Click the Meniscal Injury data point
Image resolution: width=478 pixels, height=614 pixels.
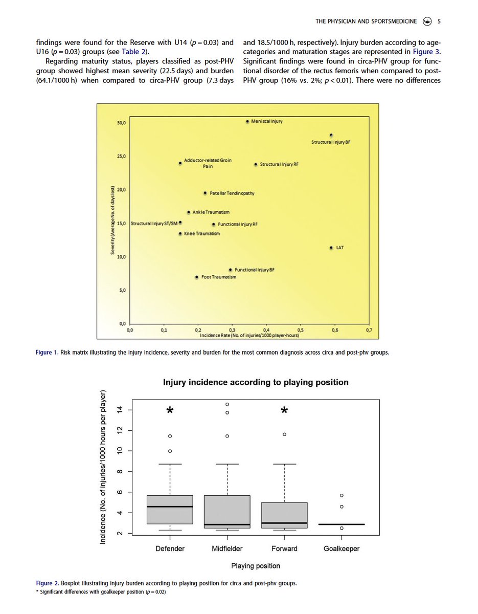247,122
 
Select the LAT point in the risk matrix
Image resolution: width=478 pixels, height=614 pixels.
331,248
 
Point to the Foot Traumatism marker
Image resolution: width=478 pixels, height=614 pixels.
197,277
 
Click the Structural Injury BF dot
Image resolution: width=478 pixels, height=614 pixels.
331,135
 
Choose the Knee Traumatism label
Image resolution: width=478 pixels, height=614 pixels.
201,234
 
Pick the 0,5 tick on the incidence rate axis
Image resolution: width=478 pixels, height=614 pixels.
301,331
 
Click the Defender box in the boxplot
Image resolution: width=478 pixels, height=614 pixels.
170,510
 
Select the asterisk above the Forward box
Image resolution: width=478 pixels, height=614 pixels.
284,412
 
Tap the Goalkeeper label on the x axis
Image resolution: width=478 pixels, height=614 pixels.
342,549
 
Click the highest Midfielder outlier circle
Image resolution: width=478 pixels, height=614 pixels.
227,404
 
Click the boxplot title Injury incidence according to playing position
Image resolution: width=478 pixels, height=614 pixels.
256,382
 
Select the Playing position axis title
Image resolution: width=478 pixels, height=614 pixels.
256,566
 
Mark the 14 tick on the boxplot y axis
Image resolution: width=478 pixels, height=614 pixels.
120,410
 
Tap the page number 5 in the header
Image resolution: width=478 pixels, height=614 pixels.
440,21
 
